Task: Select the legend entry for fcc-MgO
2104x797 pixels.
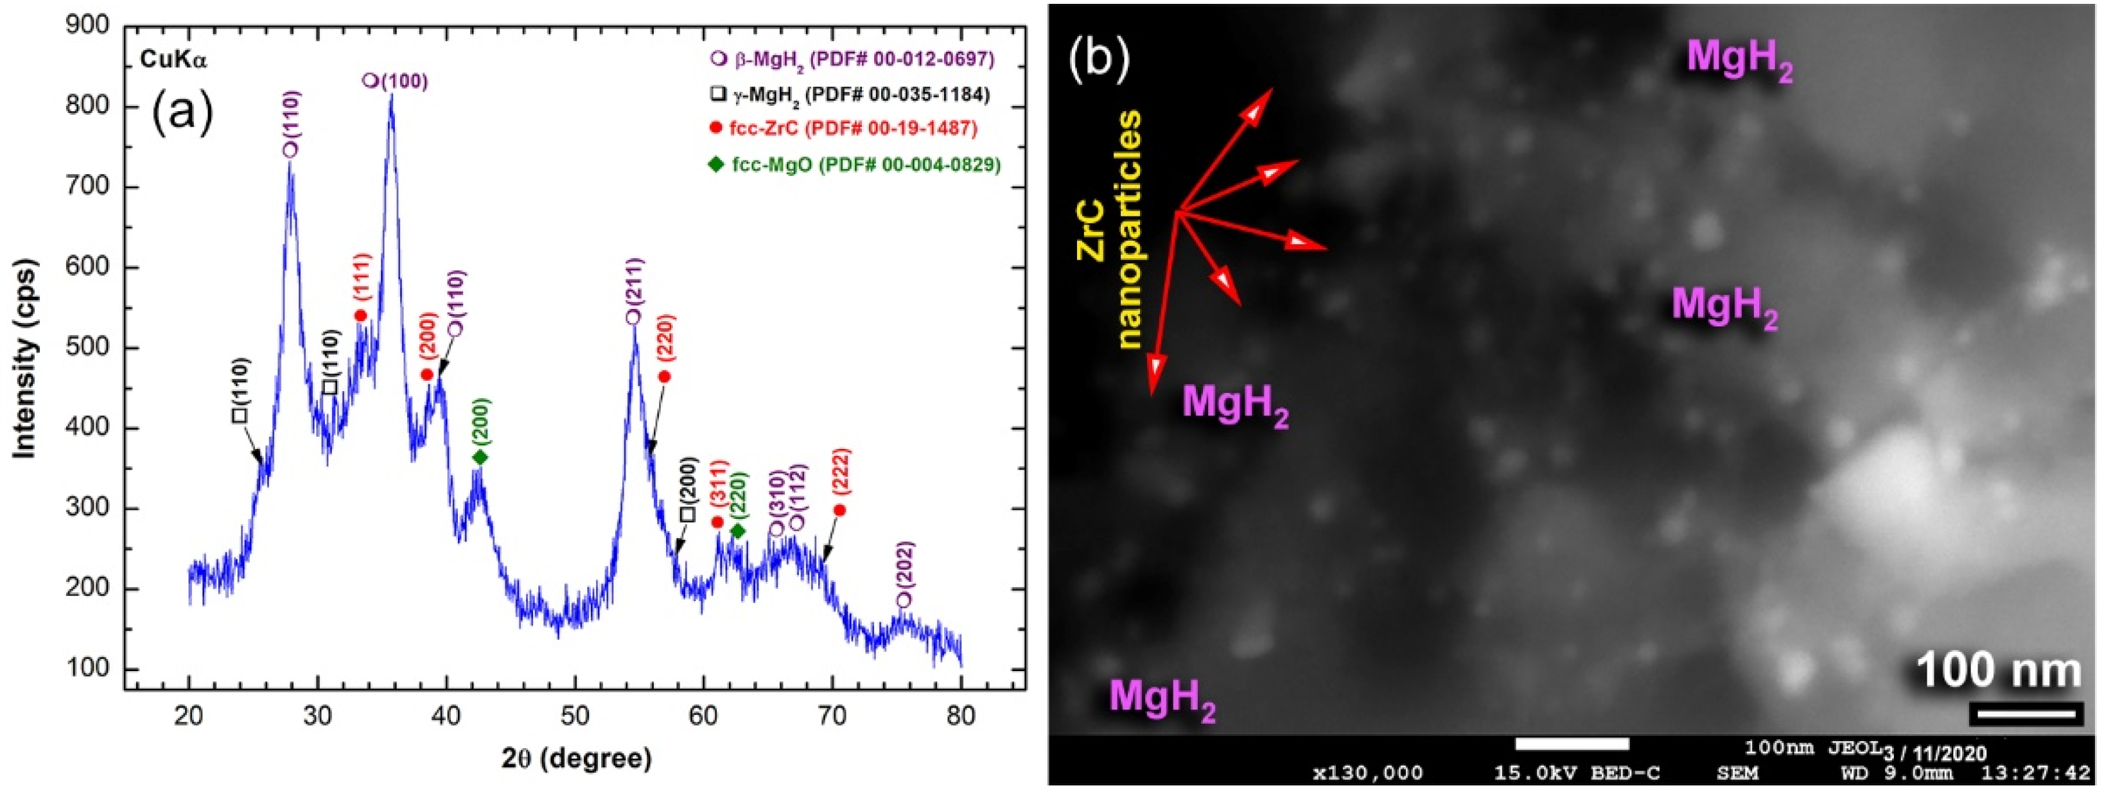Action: click(x=854, y=165)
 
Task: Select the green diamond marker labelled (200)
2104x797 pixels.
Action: click(x=480, y=457)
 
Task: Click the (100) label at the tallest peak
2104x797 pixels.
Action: click(x=403, y=81)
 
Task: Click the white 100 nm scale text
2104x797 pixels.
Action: click(x=1998, y=670)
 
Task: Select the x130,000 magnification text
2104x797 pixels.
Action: click(x=1367, y=773)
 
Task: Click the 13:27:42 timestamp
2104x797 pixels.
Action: click(x=2040, y=773)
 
